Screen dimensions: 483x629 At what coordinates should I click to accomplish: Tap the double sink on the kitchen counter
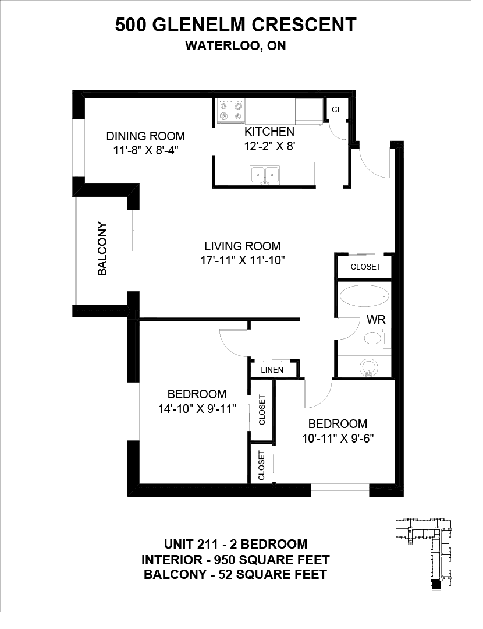(265, 175)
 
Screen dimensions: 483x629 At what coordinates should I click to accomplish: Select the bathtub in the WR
(364, 296)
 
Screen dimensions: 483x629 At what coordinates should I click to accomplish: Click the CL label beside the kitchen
(337, 109)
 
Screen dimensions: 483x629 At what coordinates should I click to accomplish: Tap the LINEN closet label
(272, 370)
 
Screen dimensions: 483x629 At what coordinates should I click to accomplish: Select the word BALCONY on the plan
(102, 249)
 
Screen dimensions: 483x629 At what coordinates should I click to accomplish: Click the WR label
(376, 320)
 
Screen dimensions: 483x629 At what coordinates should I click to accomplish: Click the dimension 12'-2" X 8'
(270, 146)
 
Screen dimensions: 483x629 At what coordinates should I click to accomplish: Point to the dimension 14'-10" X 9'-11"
(197, 409)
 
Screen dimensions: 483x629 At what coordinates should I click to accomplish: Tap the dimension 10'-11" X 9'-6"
(338, 439)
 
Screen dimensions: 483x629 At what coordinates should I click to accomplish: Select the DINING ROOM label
(145, 136)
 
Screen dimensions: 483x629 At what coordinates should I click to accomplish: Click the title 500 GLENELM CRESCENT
(236, 25)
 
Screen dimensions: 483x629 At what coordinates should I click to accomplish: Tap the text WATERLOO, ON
(236, 46)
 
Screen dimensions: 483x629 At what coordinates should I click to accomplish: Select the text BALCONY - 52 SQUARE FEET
(235, 574)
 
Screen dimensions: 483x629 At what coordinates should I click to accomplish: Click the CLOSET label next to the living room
(365, 267)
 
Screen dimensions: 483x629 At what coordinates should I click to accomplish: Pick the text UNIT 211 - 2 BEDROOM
(236, 544)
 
